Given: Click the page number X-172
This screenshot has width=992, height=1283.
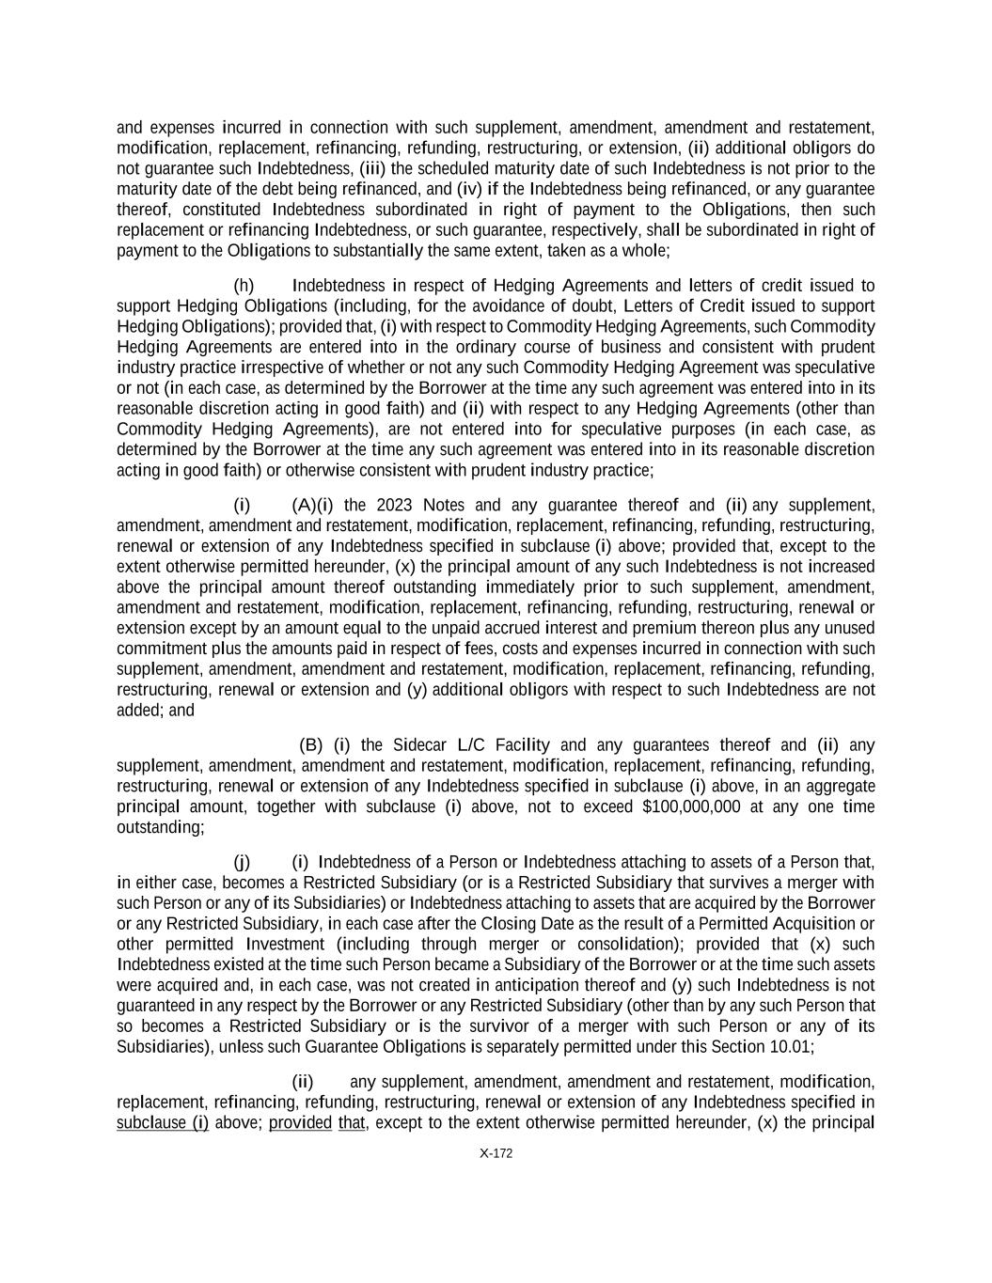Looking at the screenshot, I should pos(496,1153).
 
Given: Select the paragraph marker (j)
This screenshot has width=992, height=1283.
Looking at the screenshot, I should pos(242,862).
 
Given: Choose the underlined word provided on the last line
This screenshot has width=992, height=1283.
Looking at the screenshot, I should pos(300,1123).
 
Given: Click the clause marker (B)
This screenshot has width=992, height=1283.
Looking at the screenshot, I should pos(310,745).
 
